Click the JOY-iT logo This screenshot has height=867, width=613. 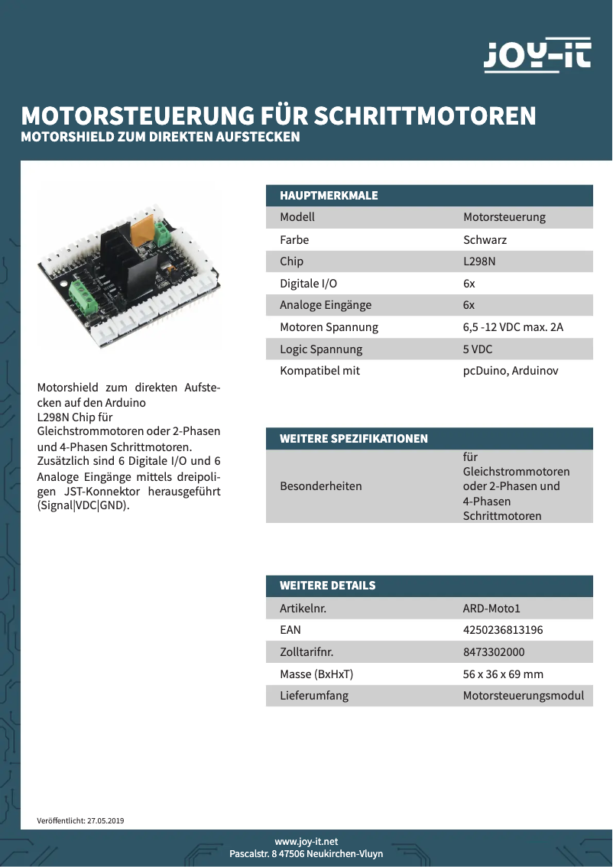pos(537,56)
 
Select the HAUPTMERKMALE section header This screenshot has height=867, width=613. pos(329,196)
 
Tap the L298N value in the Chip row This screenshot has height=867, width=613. pos(479,261)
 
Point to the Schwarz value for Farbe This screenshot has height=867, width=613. pos(485,239)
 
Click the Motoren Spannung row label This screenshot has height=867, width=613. pos(329,327)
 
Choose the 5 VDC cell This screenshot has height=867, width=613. pos(478,349)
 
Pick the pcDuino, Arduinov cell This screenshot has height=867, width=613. pos(511,371)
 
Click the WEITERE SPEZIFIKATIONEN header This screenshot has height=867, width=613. pos(353,439)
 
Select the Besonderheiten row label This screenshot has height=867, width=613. pos(321,486)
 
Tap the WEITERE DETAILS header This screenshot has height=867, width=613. pos(327,586)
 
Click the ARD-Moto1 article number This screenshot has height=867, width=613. pos(491,609)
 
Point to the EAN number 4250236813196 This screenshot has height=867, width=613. pos(503,630)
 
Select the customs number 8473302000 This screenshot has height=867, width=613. pos(494,652)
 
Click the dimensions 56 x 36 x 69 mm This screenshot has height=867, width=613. pos(503,674)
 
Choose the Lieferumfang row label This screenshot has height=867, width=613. pos(314,696)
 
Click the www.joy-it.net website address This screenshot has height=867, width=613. pos(306,841)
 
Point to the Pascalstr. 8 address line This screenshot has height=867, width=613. pos(306,854)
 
